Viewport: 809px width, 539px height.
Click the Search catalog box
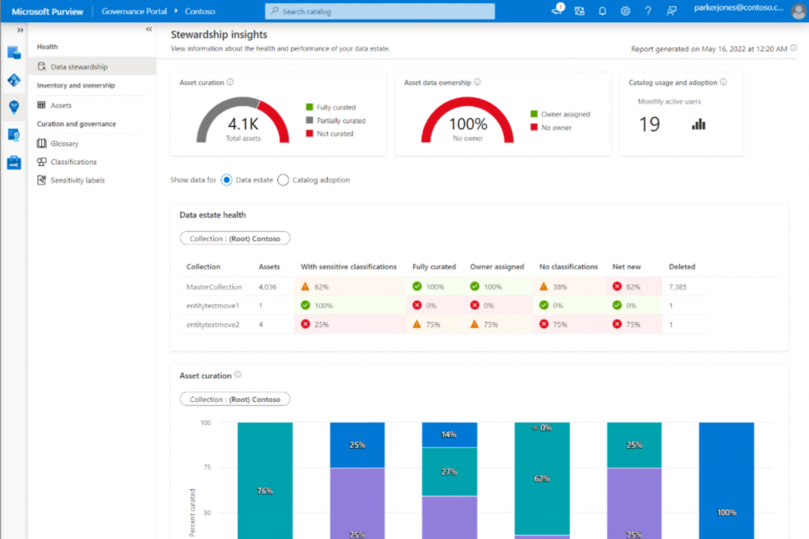(379, 12)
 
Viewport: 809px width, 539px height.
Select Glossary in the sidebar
(64, 144)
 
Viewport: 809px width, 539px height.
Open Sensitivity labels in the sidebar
(77, 180)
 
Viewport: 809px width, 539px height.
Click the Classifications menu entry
(73, 162)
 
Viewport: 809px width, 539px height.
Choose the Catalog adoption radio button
(284, 180)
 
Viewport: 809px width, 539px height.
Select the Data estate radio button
(227, 180)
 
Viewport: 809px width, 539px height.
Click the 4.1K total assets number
(243, 124)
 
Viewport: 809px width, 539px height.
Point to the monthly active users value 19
(649, 124)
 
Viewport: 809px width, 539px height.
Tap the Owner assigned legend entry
(566, 115)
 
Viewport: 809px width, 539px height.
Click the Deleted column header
(682, 267)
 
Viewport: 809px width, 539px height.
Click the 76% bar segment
(265, 491)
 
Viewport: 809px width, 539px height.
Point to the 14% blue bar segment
(450, 435)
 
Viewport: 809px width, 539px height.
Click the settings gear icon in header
(625, 11)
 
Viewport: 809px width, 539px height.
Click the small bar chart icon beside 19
(698, 124)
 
